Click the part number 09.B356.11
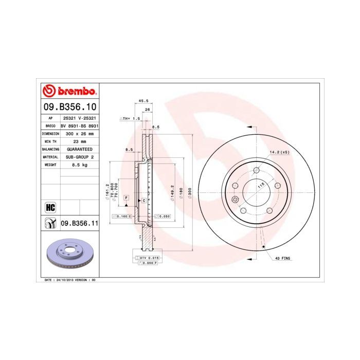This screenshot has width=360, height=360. click(79, 223)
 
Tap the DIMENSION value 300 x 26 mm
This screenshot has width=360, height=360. click(79, 133)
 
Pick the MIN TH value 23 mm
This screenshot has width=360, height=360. click(79, 141)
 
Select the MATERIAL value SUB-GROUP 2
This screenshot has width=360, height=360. click(79, 156)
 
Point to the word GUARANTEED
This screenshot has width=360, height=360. click(79, 149)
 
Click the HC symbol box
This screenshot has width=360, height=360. click(50, 207)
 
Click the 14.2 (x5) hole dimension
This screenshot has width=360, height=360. click(279, 152)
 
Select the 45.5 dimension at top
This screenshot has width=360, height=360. click(143, 101)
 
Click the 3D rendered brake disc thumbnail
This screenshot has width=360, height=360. click(69, 254)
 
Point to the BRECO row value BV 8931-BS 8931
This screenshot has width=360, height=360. click(79, 125)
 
